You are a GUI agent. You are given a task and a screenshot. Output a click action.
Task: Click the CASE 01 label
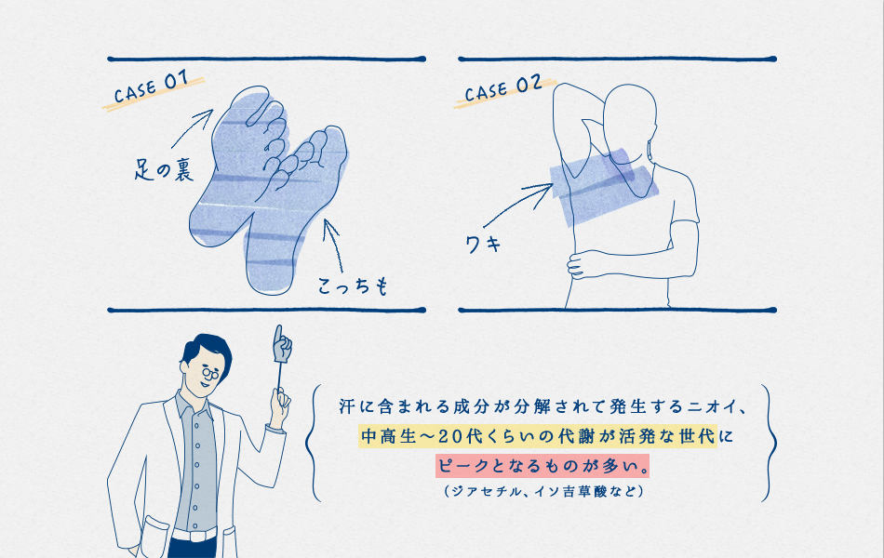151,89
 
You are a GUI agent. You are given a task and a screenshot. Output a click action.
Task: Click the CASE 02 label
503,88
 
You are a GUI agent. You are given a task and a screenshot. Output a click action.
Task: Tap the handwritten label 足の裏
164,169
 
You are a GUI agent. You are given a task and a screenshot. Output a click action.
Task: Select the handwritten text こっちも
354,286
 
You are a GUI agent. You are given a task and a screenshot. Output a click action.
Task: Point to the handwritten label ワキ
483,244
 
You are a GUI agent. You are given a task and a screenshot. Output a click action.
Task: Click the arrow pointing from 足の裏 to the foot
191,128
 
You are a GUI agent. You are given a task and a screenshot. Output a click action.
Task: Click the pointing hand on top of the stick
282,344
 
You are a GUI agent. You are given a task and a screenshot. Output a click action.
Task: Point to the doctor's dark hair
207,349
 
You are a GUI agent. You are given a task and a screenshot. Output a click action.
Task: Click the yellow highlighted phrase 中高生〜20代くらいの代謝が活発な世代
538,436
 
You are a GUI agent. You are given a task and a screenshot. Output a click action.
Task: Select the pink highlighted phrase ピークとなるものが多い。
542,466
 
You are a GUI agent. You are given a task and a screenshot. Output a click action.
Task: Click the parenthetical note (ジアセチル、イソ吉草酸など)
544,491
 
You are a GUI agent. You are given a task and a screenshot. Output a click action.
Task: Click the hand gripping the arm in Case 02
582,265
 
